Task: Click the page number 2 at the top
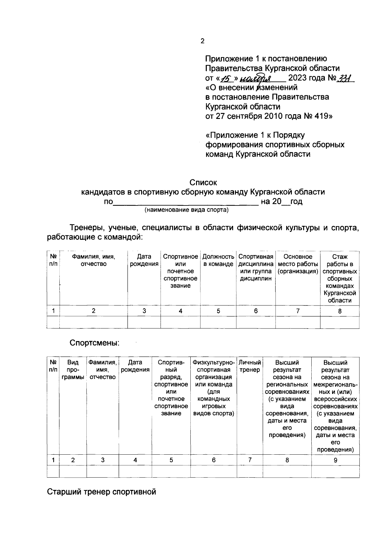(202, 41)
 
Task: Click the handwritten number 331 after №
(345, 78)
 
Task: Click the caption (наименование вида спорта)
(186, 210)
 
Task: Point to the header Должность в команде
(218, 260)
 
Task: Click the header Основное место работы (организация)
(298, 264)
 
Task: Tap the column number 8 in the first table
(340, 311)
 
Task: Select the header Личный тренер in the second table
(250, 366)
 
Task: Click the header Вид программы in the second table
(73, 370)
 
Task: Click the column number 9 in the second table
(335, 460)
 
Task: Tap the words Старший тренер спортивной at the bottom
(101, 491)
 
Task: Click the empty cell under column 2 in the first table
(93, 322)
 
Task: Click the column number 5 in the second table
(171, 460)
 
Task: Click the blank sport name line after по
(185, 202)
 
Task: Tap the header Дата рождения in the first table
(144, 260)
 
